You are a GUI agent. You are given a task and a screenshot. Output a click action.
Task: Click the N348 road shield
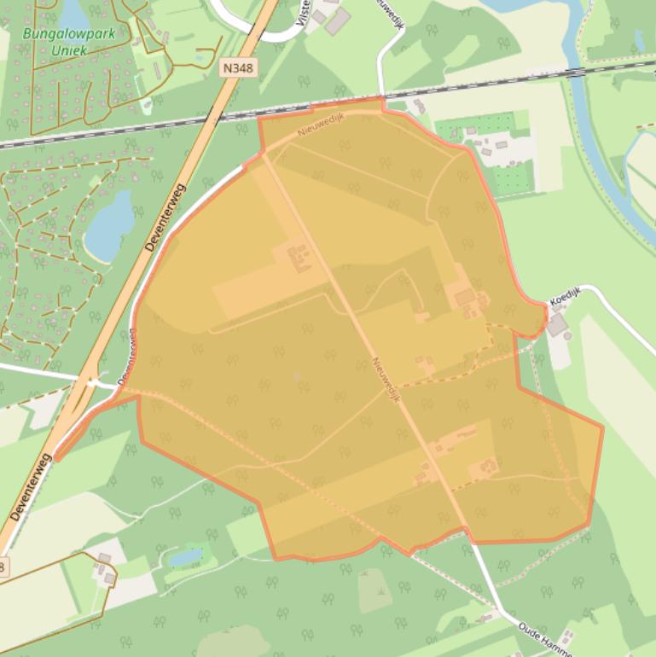[x=241, y=68]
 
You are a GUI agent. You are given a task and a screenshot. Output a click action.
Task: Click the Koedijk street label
[x=565, y=295]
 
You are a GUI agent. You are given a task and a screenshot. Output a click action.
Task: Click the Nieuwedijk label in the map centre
[x=386, y=379]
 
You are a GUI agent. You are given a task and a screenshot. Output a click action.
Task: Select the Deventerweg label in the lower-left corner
[x=31, y=487]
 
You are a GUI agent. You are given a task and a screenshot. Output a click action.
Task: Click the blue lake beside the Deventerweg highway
[x=109, y=225]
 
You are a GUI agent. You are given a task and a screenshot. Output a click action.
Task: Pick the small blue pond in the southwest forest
[x=186, y=557]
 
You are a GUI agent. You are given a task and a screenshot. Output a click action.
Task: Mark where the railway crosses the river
[x=581, y=69]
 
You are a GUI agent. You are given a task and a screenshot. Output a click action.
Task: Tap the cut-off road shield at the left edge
[x=3, y=566]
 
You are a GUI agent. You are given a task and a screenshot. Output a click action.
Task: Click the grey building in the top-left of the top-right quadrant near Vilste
[x=337, y=20]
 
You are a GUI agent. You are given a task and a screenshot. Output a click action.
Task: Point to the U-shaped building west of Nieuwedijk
[x=299, y=257]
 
